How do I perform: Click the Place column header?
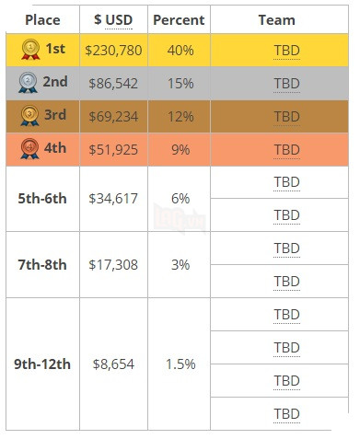pos(42,19)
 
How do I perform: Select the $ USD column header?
pos(113,19)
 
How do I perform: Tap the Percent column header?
pos(179,19)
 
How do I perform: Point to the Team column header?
pos(277,19)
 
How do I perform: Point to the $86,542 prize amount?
pos(114,84)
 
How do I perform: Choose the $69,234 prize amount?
pos(114,117)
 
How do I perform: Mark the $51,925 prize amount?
pos(114,149)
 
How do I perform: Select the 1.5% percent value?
pos(180,364)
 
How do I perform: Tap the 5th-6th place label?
pos(42,198)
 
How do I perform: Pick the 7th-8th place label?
pos(42,264)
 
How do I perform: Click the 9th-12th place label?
pos(42,364)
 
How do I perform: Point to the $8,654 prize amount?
pos(114,364)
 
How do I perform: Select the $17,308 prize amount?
pos(114,264)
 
